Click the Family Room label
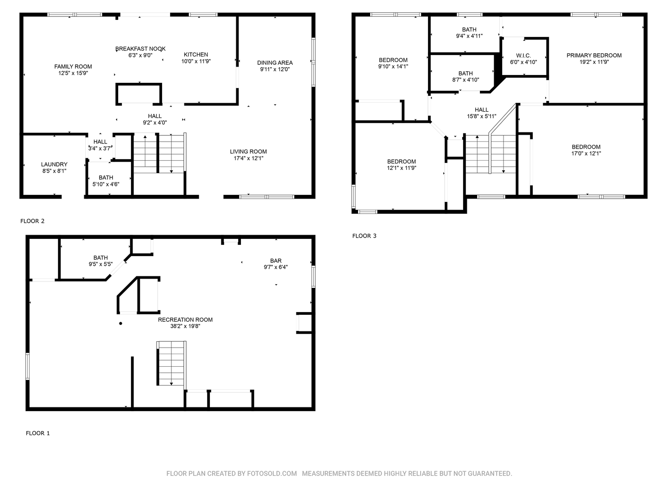pyautogui.click(x=73, y=67)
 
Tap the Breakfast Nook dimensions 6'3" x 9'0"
pyautogui.click(x=140, y=55)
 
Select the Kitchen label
pyautogui.click(x=195, y=55)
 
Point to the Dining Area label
pyautogui.click(x=275, y=63)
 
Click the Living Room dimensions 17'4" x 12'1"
pyautogui.click(x=248, y=158)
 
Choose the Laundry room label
pyautogui.click(x=54, y=164)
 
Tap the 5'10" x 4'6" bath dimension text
pyautogui.click(x=106, y=184)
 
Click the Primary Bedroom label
pyautogui.click(x=594, y=56)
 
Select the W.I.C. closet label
pyautogui.click(x=523, y=56)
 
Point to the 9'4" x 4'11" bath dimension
pyautogui.click(x=469, y=36)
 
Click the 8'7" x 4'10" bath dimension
pyautogui.click(x=466, y=80)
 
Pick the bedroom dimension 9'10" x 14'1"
pyautogui.click(x=393, y=67)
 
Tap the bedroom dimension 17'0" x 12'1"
pyautogui.click(x=586, y=153)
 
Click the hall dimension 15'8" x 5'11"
pyautogui.click(x=481, y=116)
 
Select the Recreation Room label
pyautogui.click(x=185, y=319)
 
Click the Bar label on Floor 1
pyautogui.click(x=276, y=261)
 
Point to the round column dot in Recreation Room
pyautogui.click(x=120, y=323)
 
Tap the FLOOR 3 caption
pyautogui.click(x=364, y=236)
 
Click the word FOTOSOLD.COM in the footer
pyautogui.click(x=271, y=473)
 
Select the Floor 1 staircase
pyautogui.click(x=171, y=363)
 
